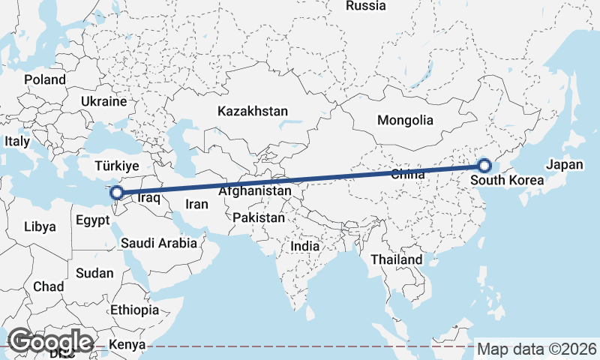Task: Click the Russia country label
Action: (366, 6)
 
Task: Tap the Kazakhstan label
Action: (253, 111)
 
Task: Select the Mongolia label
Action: (405, 120)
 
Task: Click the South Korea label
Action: (508, 181)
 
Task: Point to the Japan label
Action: (564, 165)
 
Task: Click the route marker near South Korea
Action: (484, 165)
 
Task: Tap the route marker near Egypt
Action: (118, 193)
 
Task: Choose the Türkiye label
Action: (118, 165)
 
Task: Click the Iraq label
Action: (150, 199)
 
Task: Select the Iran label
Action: (196, 203)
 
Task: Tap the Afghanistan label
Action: (255, 191)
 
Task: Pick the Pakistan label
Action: (259, 217)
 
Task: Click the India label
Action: (305, 245)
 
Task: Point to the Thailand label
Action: (397, 259)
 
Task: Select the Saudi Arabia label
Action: (159, 243)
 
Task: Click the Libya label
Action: (40, 226)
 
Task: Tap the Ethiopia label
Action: (134, 310)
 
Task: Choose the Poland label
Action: (45, 79)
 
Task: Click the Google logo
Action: (50, 341)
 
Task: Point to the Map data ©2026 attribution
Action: (537, 349)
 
